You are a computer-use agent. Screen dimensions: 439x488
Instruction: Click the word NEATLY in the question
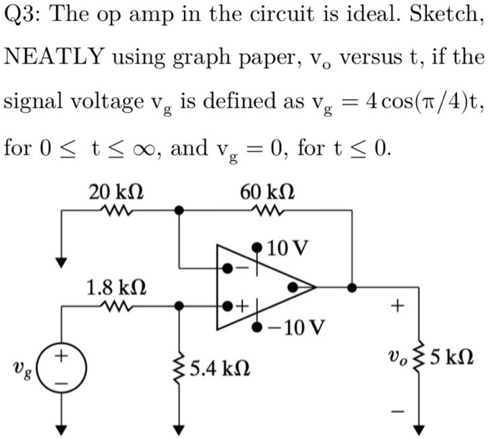54,57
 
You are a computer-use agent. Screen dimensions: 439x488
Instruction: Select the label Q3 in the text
20,17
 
